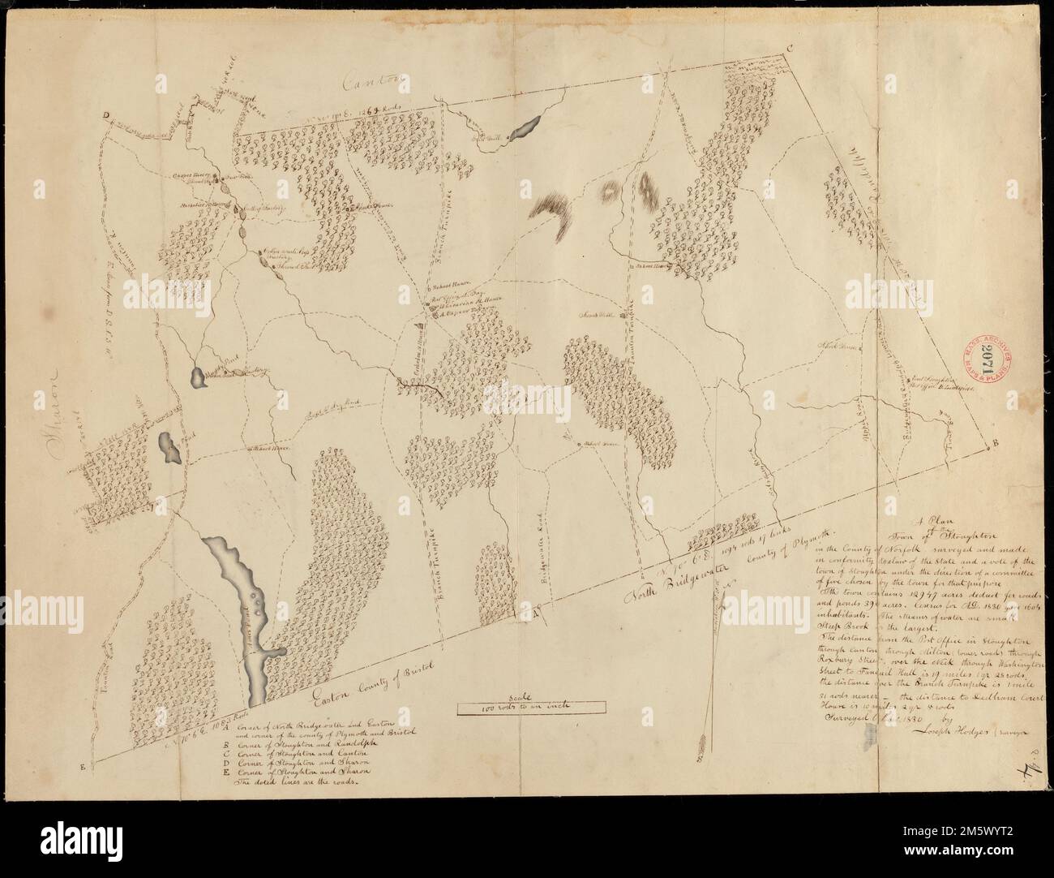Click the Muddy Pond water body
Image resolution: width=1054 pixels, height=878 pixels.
[195, 377]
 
